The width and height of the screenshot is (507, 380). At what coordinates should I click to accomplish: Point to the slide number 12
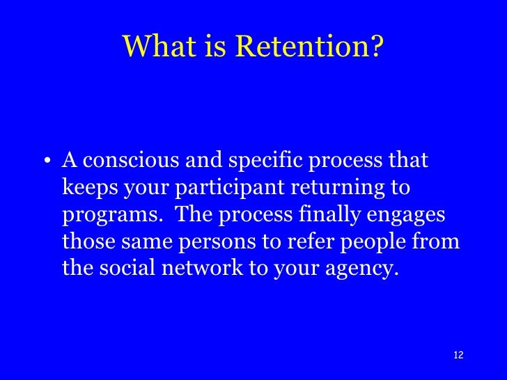[458, 355]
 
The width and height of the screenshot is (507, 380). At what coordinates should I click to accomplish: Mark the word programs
[109, 215]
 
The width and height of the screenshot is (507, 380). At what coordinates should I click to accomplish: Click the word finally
[327, 215]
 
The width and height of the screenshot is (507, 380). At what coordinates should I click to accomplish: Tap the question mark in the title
[376, 47]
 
